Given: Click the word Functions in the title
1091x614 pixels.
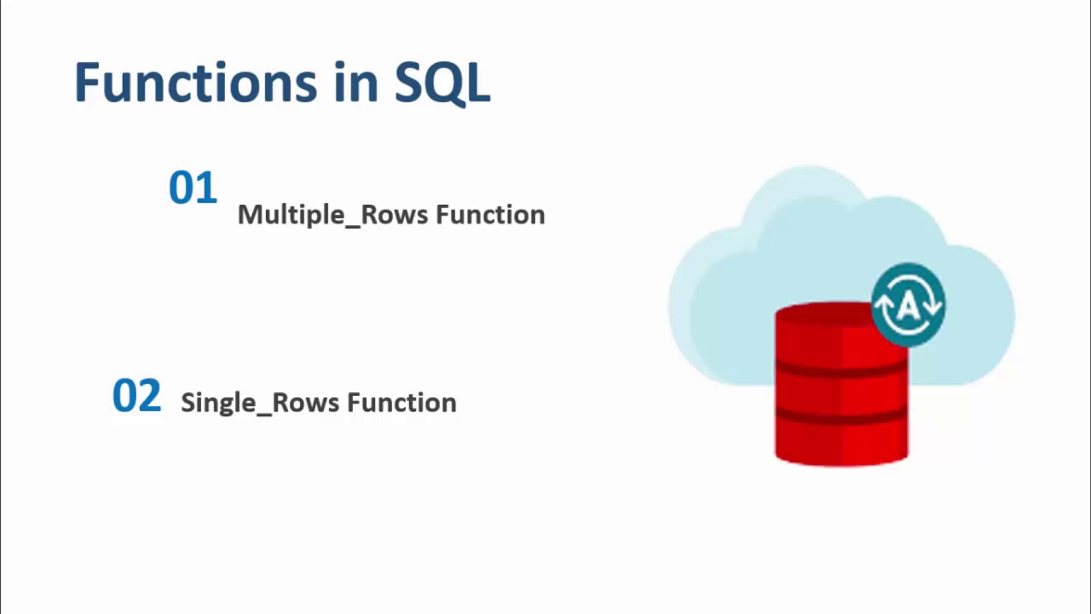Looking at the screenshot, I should pos(194,83).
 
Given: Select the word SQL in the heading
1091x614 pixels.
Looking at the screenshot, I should pos(442,84).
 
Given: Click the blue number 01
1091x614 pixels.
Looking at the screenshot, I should pos(193,188).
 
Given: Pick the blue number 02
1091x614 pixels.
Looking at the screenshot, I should pos(136,397).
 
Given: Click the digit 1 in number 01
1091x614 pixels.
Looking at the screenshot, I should pos(206,188).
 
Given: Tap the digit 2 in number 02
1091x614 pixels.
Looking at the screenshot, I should pos(149,397).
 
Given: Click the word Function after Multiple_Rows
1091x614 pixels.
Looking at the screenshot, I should pos(490,214).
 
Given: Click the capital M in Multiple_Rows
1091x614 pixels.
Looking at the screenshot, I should pos(248,214).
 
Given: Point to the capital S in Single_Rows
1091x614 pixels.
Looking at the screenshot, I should pos(188,403).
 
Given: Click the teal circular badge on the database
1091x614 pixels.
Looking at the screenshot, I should pos(908,304).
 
